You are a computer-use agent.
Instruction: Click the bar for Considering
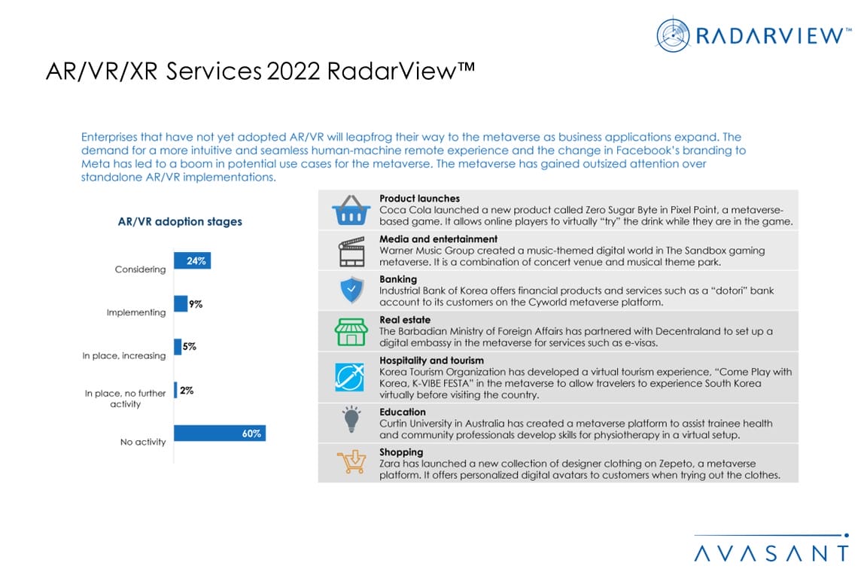(x=192, y=260)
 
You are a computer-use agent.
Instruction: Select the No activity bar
(x=219, y=433)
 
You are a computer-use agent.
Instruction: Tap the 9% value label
(x=196, y=304)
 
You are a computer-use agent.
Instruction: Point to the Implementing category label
(x=136, y=312)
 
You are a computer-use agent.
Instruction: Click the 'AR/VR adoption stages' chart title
(x=180, y=222)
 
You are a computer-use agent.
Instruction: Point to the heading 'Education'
(x=403, y=412)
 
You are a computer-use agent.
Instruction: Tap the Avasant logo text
(x=771, y=553)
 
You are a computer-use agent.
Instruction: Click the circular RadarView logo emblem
(x=672, y=35)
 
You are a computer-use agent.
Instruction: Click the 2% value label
(x=187, y=391)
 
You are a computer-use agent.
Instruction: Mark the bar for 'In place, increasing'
(x=178, y=347)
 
